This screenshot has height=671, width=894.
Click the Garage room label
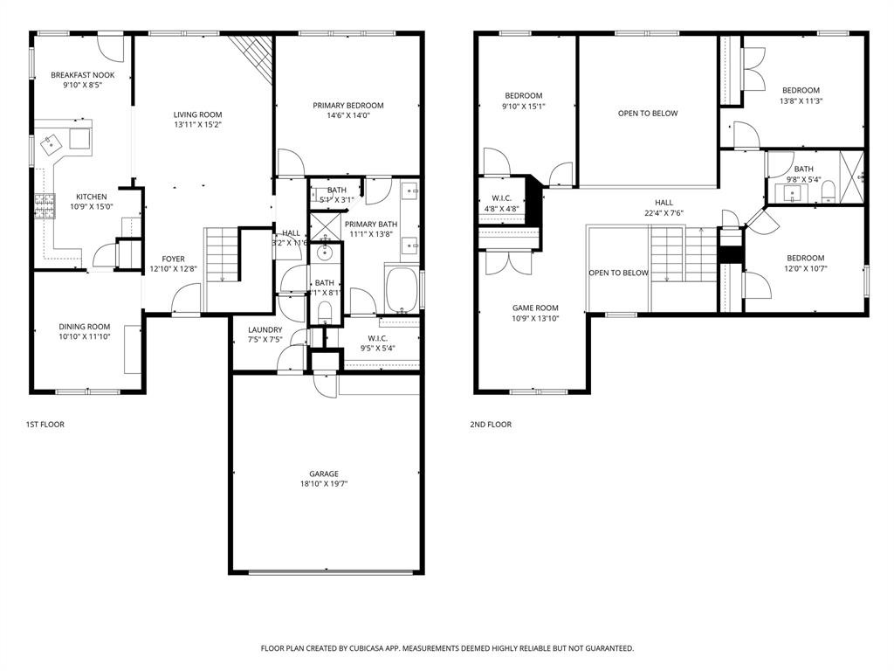pyautogui.click(x=323, y=474)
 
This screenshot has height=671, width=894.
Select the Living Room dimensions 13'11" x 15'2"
pyautogui.click(x=197, y=125)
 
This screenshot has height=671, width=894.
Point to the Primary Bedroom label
pyautogui.click(x=348, y=106)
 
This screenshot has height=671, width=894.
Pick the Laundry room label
pyautogui.click(x=265, y=329)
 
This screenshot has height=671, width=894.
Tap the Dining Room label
pyautogui.click(x=85, y=327)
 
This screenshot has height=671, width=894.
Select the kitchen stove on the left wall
pyautogui.click(x=42, y=205)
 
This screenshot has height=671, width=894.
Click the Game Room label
pyautogui.click(x=535, y=308)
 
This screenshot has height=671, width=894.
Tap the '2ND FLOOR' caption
pyautogui.click(x=491, y=425)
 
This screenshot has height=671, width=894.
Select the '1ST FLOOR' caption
pyautogui.click(x=45, y=425)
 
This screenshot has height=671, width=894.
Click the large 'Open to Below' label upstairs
pyautogui.click(x=647, y=113)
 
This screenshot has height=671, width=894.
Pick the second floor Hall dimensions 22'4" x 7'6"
pyautogui.click(x=664, y=212)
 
